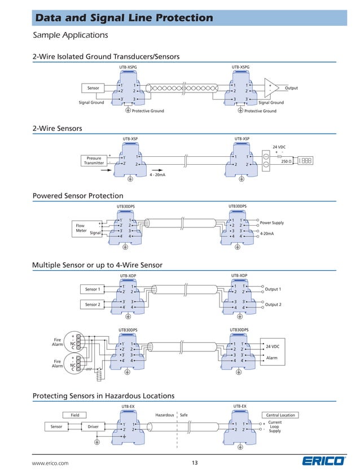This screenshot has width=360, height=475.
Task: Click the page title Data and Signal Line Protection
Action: click(124, 19)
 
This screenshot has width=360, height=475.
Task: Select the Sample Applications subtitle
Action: click(71, 36)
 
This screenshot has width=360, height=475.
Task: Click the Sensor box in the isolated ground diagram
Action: click(93, 88)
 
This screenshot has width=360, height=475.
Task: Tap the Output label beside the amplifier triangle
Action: click(291, 88)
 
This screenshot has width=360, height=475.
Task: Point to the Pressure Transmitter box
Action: click(94, 161)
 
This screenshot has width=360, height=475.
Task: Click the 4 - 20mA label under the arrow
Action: click(157, 175)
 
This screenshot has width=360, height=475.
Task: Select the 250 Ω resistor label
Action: click(286, 161)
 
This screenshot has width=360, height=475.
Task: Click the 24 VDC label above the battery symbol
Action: click(280, 146)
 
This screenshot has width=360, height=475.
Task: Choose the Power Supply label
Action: click(271, 223)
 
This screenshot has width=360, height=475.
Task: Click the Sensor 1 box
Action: click(93, 289)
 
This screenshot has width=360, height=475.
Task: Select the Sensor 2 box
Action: click(93, 305)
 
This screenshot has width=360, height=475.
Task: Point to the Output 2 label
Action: click(273, 305)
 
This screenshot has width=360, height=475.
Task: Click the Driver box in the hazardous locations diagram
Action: click(93, 426)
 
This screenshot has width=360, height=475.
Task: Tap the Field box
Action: click(74, 415)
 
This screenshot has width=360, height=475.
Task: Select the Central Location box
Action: click(280, 415)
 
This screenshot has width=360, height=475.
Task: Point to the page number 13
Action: click(195, 463)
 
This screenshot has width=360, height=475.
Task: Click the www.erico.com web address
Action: click(50, 463)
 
